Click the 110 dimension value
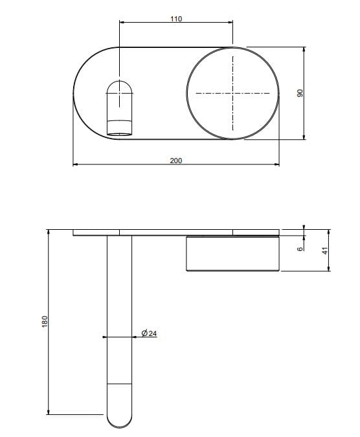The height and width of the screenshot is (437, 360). click(176, 19)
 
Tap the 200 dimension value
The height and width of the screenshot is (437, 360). click(176, 161)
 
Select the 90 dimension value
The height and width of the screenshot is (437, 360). click(300, 93)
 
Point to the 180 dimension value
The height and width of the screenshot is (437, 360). click(45, 322)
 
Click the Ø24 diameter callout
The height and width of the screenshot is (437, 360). click(149, 333)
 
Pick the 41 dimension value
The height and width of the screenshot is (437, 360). click(325, 251)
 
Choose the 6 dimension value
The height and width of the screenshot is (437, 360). click(300, 249)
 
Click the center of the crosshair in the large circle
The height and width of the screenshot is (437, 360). click(232, 93)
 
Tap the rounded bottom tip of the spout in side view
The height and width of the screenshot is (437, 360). click(119, 427)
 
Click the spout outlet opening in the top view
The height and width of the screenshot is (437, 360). click(120, 134)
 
